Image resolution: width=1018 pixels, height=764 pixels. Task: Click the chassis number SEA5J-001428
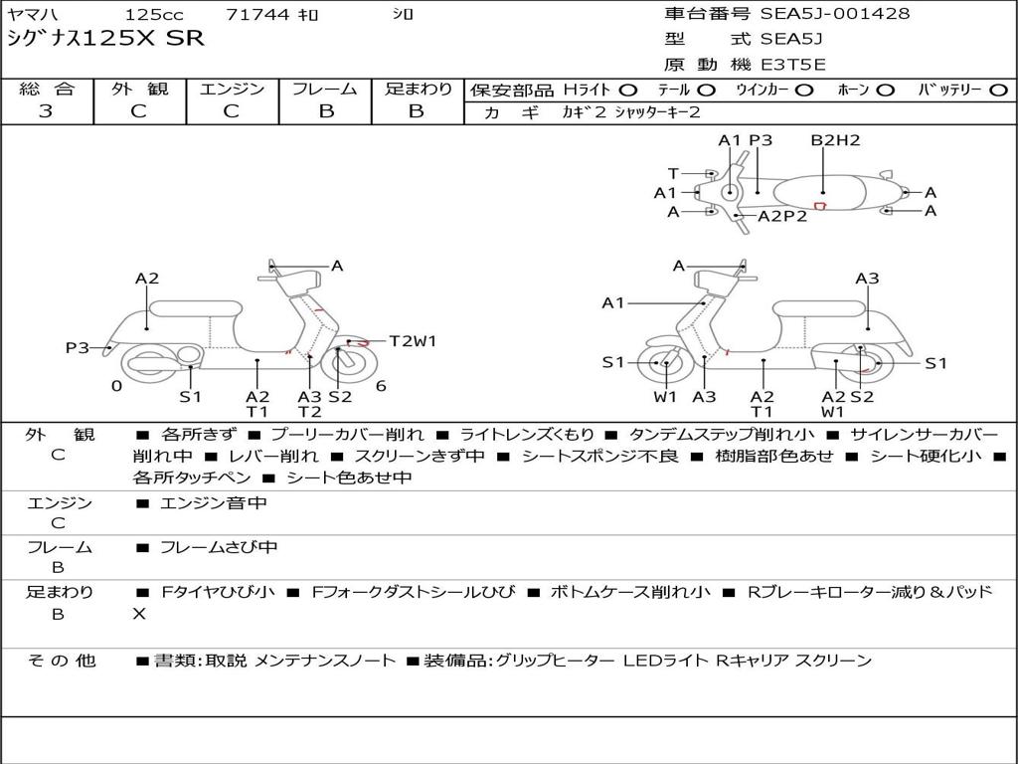tap(835, 14)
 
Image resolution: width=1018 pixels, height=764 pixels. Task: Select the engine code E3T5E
tap(793, 65)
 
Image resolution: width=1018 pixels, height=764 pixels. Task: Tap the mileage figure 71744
tap(257, 15)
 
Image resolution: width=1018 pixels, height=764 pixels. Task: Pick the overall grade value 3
tap(46, 111)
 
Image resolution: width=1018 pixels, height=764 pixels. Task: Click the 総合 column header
tap(46, 90)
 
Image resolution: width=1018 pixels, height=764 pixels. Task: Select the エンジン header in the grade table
tap(232, 90)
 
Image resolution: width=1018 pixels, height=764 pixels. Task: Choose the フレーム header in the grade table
tap(325, 90)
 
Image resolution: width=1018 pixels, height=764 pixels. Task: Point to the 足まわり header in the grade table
tap(418, 90)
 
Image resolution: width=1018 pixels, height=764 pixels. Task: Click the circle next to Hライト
tap(628, 91)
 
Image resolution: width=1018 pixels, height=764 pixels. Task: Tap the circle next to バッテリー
tap(998, 91)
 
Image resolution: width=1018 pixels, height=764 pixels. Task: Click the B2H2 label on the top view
tap(835, 140)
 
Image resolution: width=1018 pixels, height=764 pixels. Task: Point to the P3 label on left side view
tap(78, 347)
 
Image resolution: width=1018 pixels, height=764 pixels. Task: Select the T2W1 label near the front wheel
tap(413, 341)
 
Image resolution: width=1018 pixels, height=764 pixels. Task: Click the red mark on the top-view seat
tap(821, 206)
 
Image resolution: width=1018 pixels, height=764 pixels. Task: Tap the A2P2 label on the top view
tap(782, 216)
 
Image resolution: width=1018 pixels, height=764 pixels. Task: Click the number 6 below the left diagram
tap(381, 386)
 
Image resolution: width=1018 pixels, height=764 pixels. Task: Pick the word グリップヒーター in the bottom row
tap(554, 661)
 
